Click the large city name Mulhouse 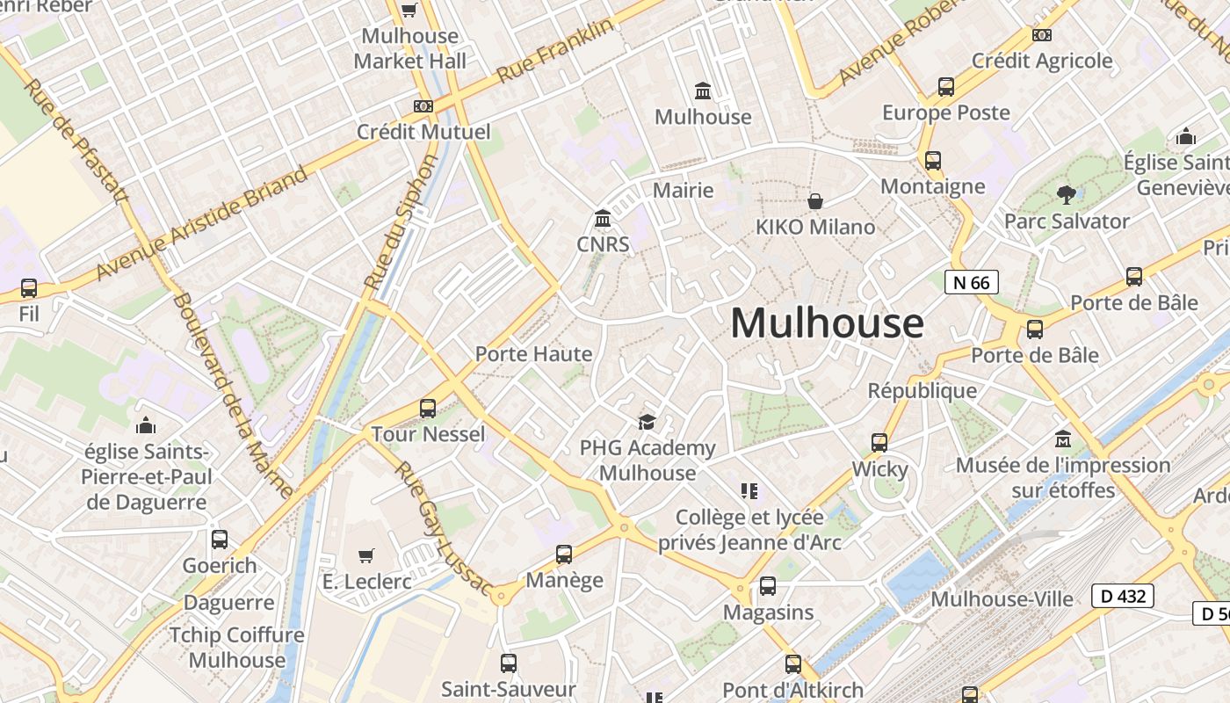pos(827,323)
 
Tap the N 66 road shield pos(971,282)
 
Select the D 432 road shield pos(1122,596)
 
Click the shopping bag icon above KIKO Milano pos(815,201)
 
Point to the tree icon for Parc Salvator pos(1067,194)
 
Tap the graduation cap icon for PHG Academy pos(647,423)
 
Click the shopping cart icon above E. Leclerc pos(366,555)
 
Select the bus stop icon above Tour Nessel pos(428,408)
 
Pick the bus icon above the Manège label pos(564,554)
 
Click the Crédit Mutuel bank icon pos(423,106)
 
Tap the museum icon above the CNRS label pos(603,218)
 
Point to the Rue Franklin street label pos(555,51)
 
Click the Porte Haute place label pos(533,354)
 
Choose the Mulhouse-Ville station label pos(1002,599)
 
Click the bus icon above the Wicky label pos(879,443)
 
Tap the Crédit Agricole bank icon pos(1042,35)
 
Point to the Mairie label pos(683,190)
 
